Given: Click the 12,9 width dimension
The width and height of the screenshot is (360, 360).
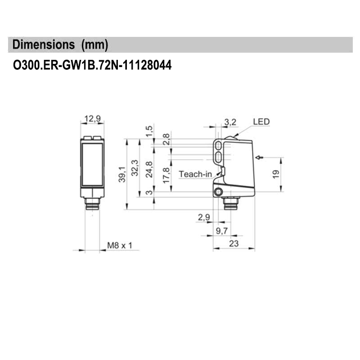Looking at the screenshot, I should (x=92, y=119).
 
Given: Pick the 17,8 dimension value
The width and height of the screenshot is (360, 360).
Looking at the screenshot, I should (x=166, y=175).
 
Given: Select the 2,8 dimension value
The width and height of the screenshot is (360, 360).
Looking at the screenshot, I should (x=166, y=139).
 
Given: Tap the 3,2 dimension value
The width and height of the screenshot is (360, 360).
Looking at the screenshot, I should (x=230, y=121).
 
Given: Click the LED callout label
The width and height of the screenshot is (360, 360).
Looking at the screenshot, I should (x=261, y=121).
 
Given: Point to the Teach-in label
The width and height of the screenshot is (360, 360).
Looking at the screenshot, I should (x=194, y=174).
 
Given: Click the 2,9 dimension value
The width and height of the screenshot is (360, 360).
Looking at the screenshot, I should (x=203, y=218).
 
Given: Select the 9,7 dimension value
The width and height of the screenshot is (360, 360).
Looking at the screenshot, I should (x=222, y=231).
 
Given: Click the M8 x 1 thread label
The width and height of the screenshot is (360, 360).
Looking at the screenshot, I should (x=120, y=246).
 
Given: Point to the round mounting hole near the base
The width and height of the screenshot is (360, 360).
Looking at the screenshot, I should (x=219, y=193).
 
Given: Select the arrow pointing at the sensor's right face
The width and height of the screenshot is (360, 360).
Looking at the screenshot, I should (x=259, y=157).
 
